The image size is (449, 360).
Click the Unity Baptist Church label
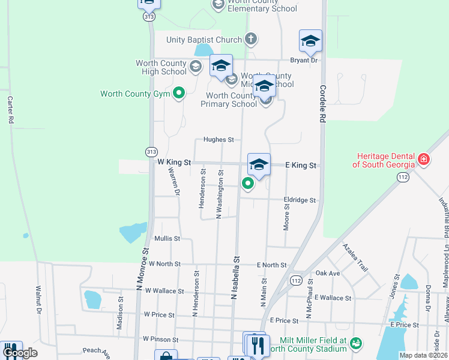click(204, 40)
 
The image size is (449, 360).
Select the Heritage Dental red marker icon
click(424, 159)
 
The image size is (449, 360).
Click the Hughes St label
click(218, 140)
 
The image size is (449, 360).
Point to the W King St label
click(173, 163)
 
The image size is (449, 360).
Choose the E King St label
click(300, 165)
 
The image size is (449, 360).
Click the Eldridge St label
click(300, 200)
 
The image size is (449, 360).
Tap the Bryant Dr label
click(303, 60)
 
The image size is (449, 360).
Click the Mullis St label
click(167, 238)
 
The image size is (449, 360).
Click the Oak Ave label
click(328, 273)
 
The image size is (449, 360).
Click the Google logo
click(19, 353)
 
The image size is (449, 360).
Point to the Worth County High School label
click(161, 67)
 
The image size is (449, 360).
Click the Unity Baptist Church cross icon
click(252, 40)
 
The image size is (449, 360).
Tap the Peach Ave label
click(96, 350)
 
